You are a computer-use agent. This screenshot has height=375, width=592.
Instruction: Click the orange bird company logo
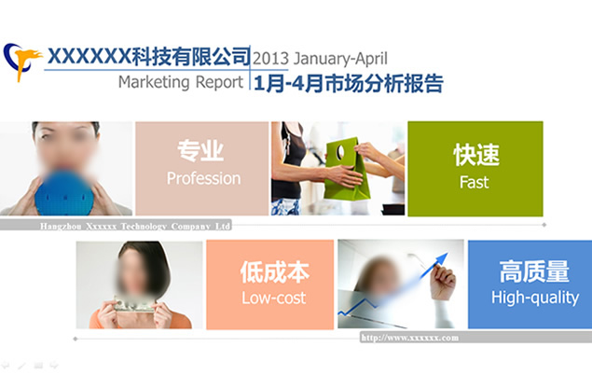tap(23, 62)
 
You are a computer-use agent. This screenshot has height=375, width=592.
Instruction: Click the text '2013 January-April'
tap(320, 57)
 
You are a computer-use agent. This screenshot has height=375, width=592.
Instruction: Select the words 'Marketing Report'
tap(181, 82)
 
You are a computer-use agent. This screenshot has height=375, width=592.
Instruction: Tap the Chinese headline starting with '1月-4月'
tap(348, 83)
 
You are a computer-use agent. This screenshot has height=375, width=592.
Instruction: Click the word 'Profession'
tap(203, 178)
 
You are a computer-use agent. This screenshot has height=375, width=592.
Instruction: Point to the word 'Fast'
tap(474, 183)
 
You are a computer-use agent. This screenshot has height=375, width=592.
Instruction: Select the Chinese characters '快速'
tap(475, 155)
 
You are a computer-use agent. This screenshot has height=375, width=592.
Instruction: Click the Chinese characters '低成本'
tap(274, 272)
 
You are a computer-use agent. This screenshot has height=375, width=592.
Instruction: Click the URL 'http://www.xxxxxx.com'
tap(409, 337)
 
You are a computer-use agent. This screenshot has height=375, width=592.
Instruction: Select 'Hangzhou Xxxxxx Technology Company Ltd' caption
tap(135, 226)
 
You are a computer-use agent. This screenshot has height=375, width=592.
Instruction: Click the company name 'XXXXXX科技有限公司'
tap(148, 55)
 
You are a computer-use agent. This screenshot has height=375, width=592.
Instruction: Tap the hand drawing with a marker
tap(444, 278)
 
